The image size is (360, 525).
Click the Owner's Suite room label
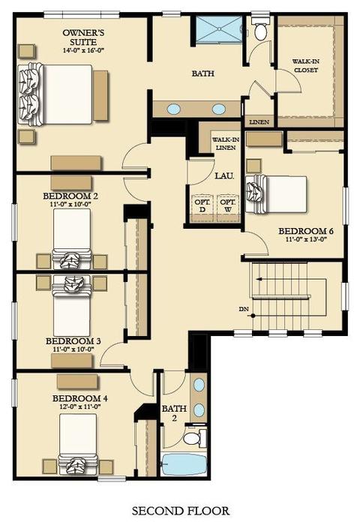pos(84,37)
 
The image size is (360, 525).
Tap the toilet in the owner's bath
pos(260,29)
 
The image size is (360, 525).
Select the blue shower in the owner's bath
pos(219,29)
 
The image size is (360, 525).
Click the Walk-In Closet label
pos(306,66)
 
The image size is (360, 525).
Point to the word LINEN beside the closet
pos(259,121)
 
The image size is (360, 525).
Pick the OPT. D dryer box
pos(202,208)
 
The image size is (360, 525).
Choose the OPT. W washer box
pos(228,208)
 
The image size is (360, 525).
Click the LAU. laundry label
pos(225,175)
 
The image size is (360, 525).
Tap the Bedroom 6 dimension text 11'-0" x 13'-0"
pos(306,239)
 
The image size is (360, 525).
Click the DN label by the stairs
pos(244,309)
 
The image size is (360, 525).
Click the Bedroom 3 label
pos(73,341)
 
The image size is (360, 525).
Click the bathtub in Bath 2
pos(184,465)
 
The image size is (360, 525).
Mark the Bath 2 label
pos(174,413)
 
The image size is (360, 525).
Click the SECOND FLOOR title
pos(181,511)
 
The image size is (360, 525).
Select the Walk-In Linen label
pos(226,143)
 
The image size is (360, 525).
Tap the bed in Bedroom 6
pos(276,194)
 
